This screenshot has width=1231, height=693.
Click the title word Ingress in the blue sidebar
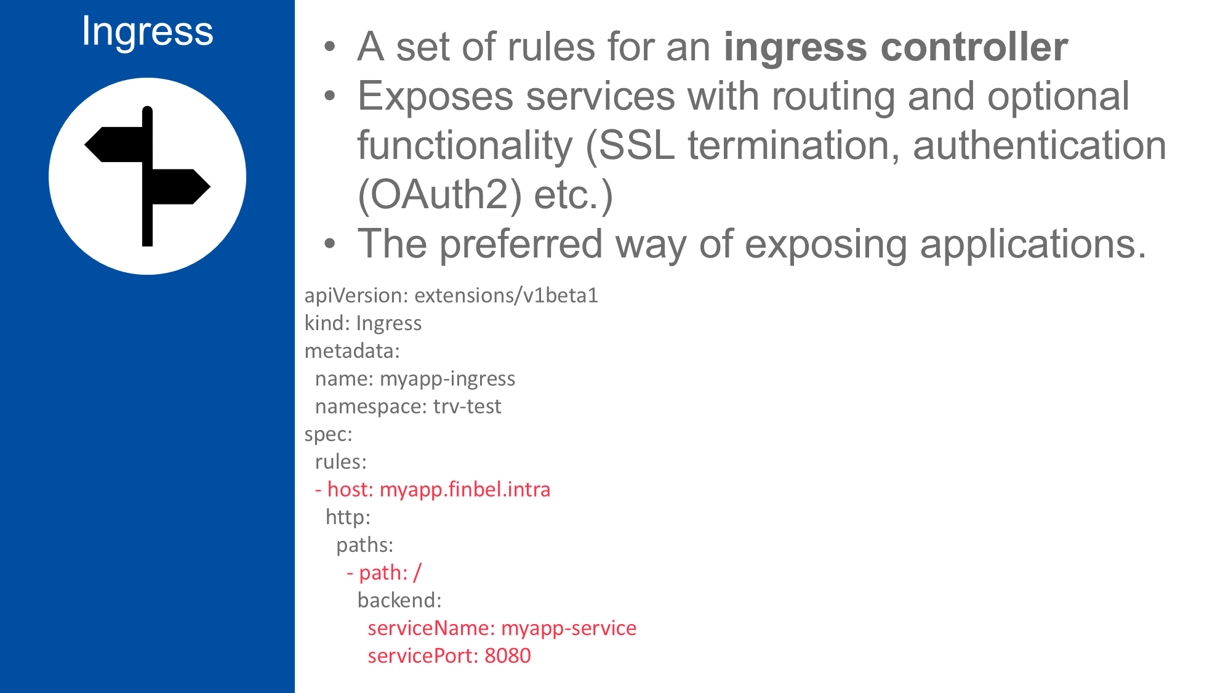coord(147,31)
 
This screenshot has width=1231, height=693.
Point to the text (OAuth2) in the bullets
coord(439,195)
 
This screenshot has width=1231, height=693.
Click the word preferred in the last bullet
coord(521,244)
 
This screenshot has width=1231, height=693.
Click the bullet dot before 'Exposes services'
coord(331,96)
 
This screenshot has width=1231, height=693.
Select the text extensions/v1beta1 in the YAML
coord(506,296)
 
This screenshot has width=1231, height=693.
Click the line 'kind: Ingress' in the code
coord(363,323)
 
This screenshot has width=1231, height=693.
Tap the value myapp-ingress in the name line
coord(447,379)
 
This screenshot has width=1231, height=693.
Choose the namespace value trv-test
coord(467,407)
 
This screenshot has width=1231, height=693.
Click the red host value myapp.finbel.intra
coord(465,490)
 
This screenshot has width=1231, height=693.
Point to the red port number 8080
coord(507,656)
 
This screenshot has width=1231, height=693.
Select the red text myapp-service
coord(569,628)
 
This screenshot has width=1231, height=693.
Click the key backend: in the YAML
coord(399,601)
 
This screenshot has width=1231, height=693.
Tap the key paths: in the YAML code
coord(364,545)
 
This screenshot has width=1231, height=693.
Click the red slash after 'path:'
coord(417,573)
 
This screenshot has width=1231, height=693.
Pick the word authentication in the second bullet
coord(1039,146)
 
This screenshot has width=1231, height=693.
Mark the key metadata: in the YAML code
coord(352,351)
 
